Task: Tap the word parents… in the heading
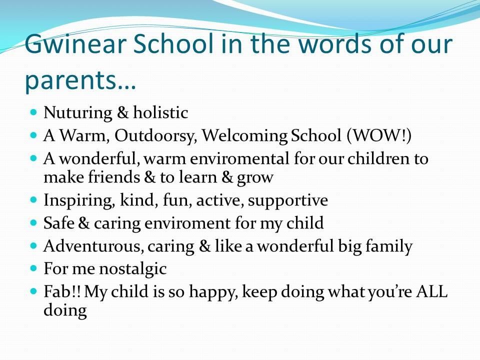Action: [x=80, y=80]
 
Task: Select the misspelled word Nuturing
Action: [x=78, y=113]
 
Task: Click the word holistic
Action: [x=160, y=112]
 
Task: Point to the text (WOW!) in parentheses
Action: [x=379, y=135]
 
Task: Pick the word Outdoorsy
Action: [x=155, y=135]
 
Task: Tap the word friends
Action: [x=114, y=177]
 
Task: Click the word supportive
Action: [x=288, y=201]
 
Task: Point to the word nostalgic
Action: [x=133, y=269]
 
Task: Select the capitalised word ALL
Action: [x=432, y=291]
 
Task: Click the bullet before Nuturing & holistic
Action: [x=33, y=111]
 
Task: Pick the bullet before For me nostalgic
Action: [x=33, y=268]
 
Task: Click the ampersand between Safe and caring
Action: [x=84, y=222]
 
